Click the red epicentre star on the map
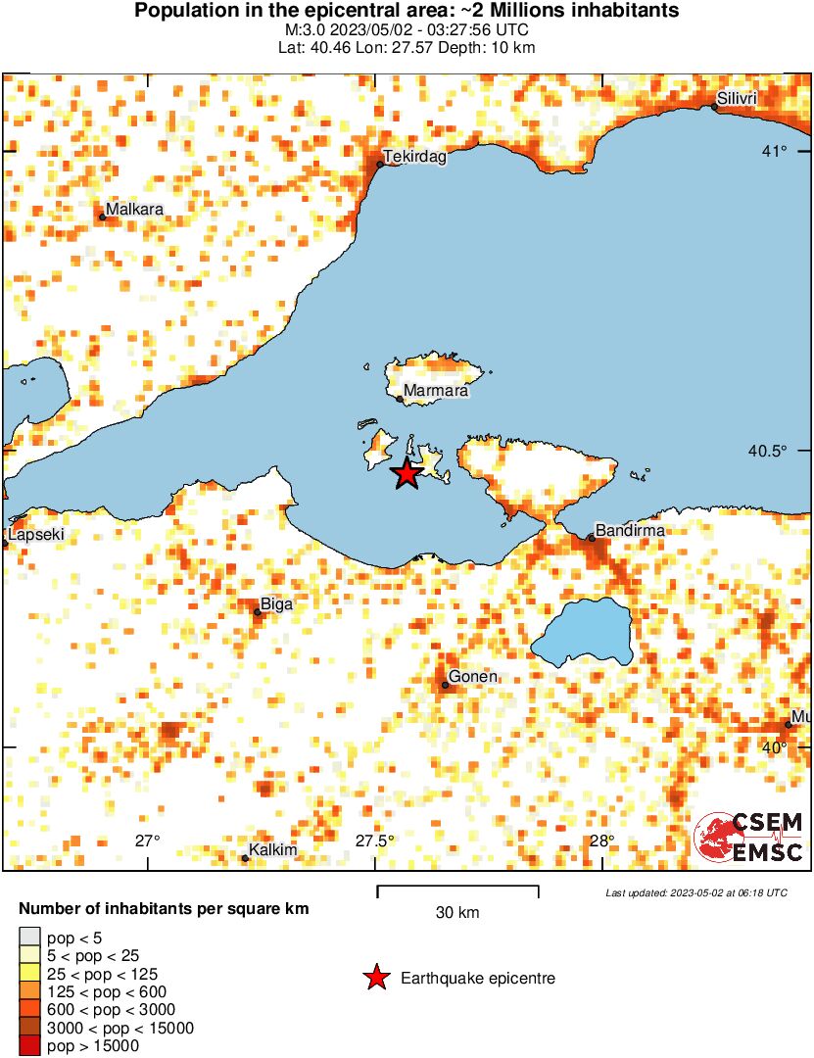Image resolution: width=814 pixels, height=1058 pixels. tap(407, 474)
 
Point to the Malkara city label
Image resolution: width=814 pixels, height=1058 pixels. tap(134, 210)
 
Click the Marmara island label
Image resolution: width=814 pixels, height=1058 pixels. tap(435, 392)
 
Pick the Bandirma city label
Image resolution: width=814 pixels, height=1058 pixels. tap(630, 531)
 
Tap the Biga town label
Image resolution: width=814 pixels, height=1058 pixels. tap(276, 605)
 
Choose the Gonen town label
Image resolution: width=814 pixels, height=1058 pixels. tap(472, 677)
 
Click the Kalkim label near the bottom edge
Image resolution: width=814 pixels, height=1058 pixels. tap(272, 850)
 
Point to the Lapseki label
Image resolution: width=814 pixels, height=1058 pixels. tap(30, 536)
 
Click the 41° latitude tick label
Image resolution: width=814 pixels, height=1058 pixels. tap(777, 151)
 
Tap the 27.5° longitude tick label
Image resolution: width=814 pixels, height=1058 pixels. tap(375, 841)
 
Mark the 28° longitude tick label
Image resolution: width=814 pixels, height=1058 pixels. tap(601, 841)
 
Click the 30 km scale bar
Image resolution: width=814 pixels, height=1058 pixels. tap(457, 890)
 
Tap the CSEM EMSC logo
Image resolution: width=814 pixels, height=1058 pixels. tap(748, 838)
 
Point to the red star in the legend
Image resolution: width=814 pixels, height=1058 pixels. tap(375, 977)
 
